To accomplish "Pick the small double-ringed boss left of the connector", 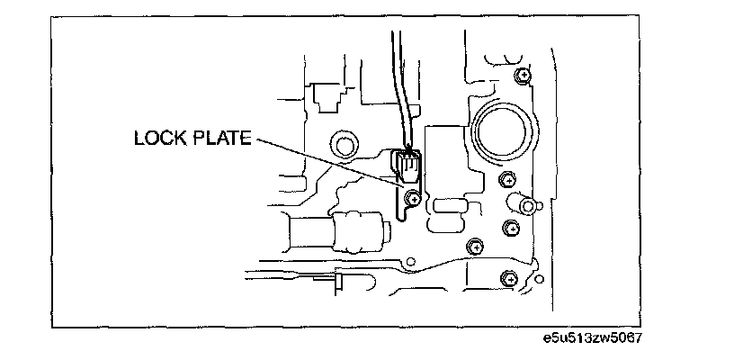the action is tap(344, 143).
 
